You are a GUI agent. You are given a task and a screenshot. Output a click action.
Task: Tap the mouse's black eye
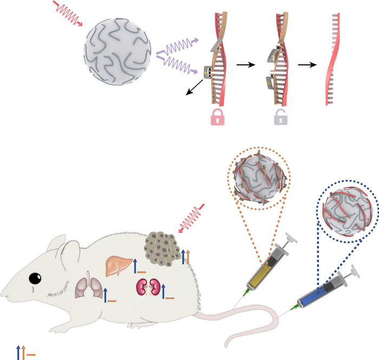(35, 278)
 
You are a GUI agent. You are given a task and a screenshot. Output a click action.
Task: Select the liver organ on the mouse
(119, 264)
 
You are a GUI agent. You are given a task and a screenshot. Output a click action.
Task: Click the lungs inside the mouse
(87, 287)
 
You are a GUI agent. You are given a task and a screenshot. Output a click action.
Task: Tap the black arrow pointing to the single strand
(308, 64)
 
